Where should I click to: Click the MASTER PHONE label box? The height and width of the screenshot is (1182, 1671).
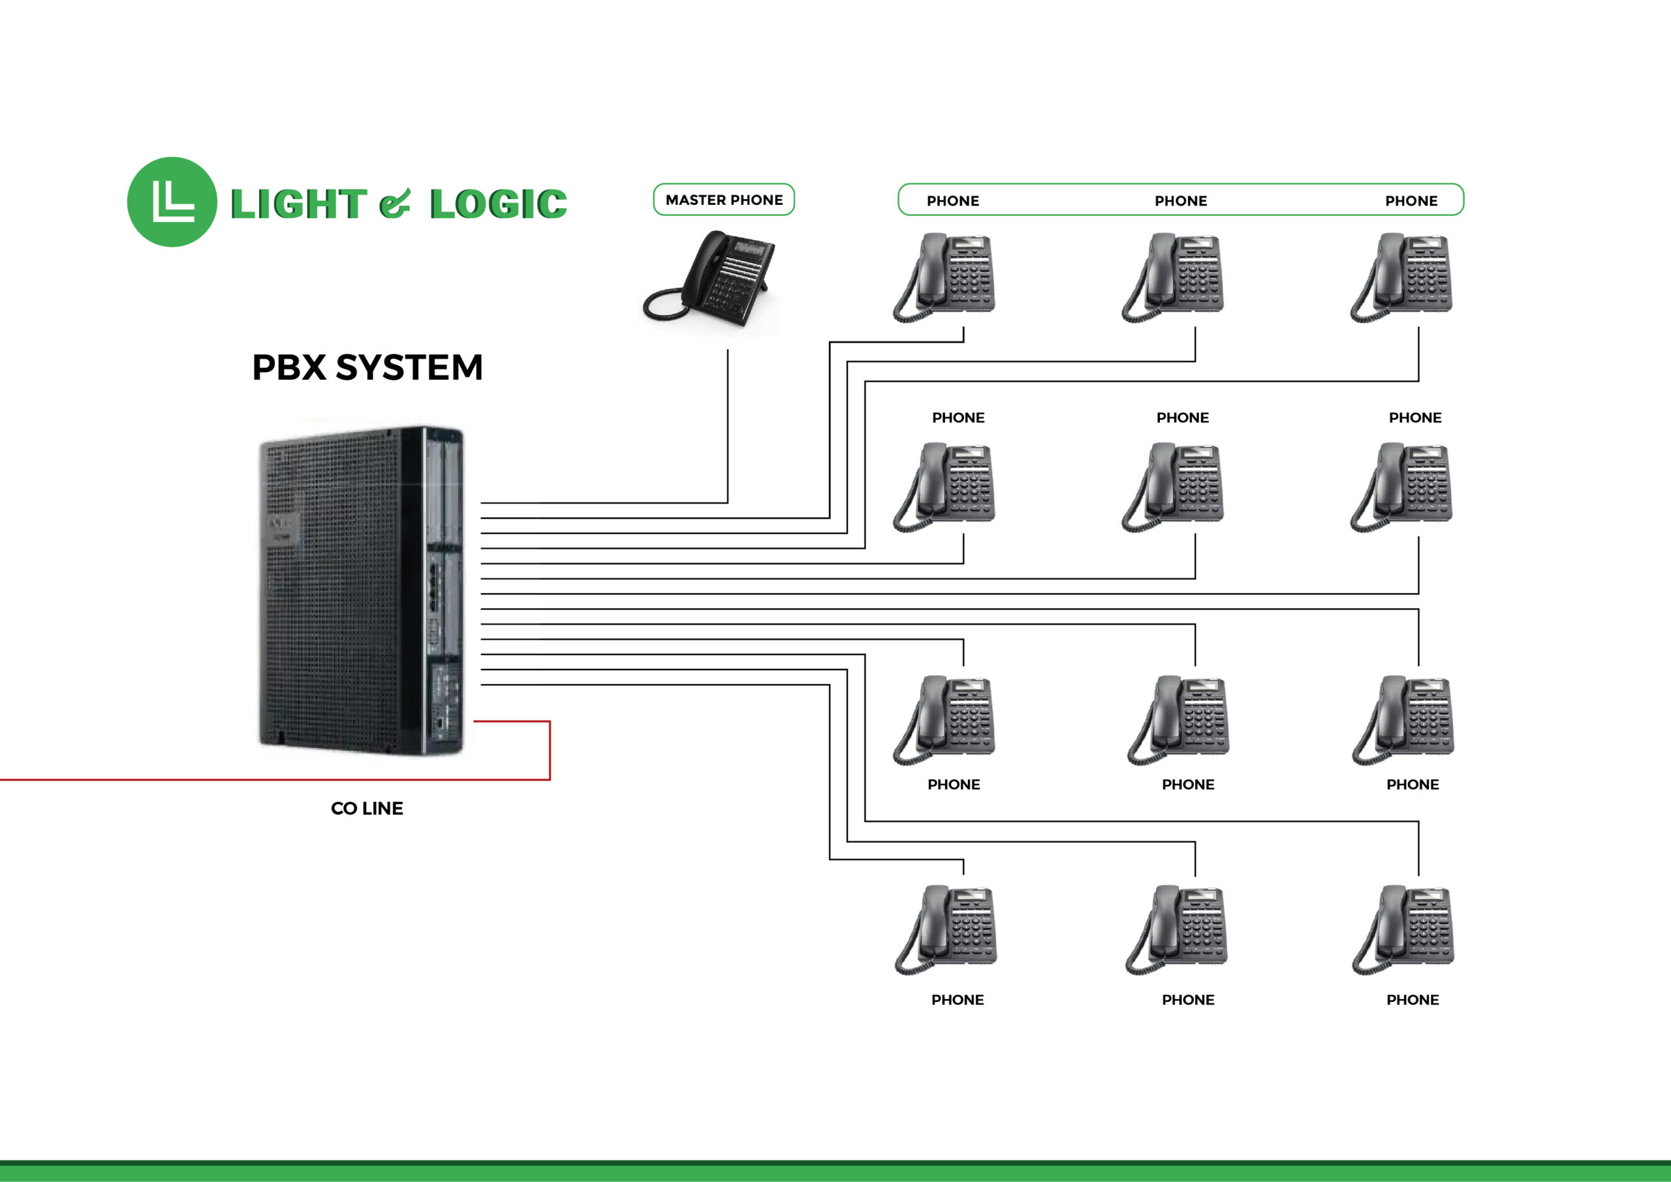point(723,200)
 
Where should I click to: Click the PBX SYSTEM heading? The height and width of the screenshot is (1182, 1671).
point(367,367)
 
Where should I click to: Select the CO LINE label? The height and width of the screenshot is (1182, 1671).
point(367,809)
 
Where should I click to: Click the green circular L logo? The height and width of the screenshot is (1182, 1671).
point(172,202)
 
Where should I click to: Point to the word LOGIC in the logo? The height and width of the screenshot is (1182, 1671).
point(499,204)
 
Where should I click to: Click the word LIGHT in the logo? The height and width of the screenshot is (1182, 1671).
point(298,204)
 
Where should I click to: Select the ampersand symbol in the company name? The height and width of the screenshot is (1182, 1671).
point(395,204)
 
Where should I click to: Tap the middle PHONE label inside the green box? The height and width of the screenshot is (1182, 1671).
point(1181,201)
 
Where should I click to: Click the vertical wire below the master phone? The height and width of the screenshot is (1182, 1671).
point(728,429)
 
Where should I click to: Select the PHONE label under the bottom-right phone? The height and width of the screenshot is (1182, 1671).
point(1412,1000)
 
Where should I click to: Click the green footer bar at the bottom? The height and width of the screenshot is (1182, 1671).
point(835,1172)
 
